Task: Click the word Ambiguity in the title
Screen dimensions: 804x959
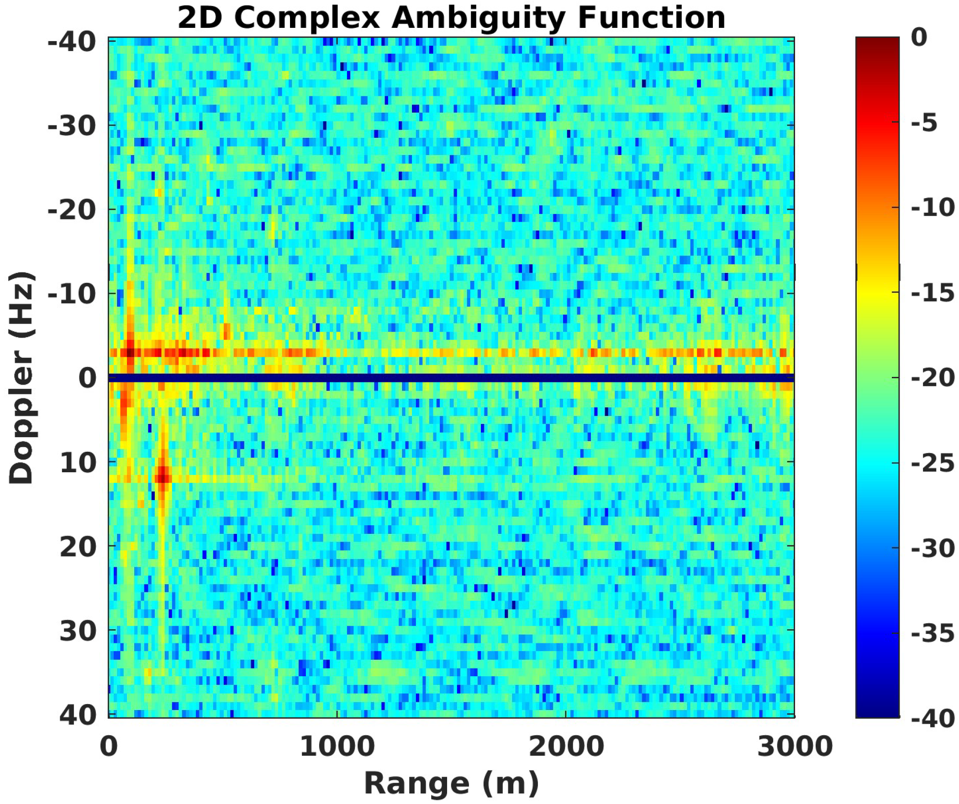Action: (x=478, y=18)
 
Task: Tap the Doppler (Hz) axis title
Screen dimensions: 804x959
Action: (x=21, y=377)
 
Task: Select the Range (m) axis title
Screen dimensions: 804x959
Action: (x=451, y=783)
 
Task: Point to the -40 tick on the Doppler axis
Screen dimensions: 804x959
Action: (x=72, y=42)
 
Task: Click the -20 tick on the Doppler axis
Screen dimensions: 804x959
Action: (x=72, y=210)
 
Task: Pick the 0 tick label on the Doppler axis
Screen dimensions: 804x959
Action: (x=87, y=378)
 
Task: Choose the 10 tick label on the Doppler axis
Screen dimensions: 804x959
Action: (x=78, y=463)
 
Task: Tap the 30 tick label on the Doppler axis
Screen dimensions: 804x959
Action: (x=78, y=631)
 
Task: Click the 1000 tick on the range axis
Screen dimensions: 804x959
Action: (x=337, y=747)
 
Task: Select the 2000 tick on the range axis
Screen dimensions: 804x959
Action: (x=566, y=747)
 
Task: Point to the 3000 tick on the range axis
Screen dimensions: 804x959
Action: (x=795, y=747)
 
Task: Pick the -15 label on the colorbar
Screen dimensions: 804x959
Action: (x=932, y=293)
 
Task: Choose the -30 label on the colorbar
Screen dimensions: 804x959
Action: (x=932, y=548)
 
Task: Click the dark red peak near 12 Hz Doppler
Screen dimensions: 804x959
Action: (x=163, y=478)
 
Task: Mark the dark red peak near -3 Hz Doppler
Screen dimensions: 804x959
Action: (x=130, y=353)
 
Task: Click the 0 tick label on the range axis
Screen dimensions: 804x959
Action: (x=109, y=747)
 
